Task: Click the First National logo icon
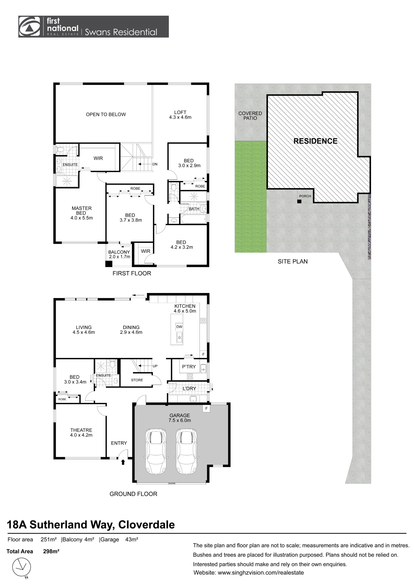30,27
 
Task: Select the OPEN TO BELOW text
106,114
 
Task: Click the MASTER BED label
81,211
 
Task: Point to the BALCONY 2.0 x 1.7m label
119,254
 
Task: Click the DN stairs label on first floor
155,164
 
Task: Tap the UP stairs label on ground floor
155,366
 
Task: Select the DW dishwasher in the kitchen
179,327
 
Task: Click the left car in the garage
156,451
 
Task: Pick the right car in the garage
187,451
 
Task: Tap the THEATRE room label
81,430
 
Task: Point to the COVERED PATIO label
250,116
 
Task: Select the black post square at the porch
299,201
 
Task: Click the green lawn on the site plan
250,197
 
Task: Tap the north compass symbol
22,567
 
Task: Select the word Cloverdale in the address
146,525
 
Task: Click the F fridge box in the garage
206,408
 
